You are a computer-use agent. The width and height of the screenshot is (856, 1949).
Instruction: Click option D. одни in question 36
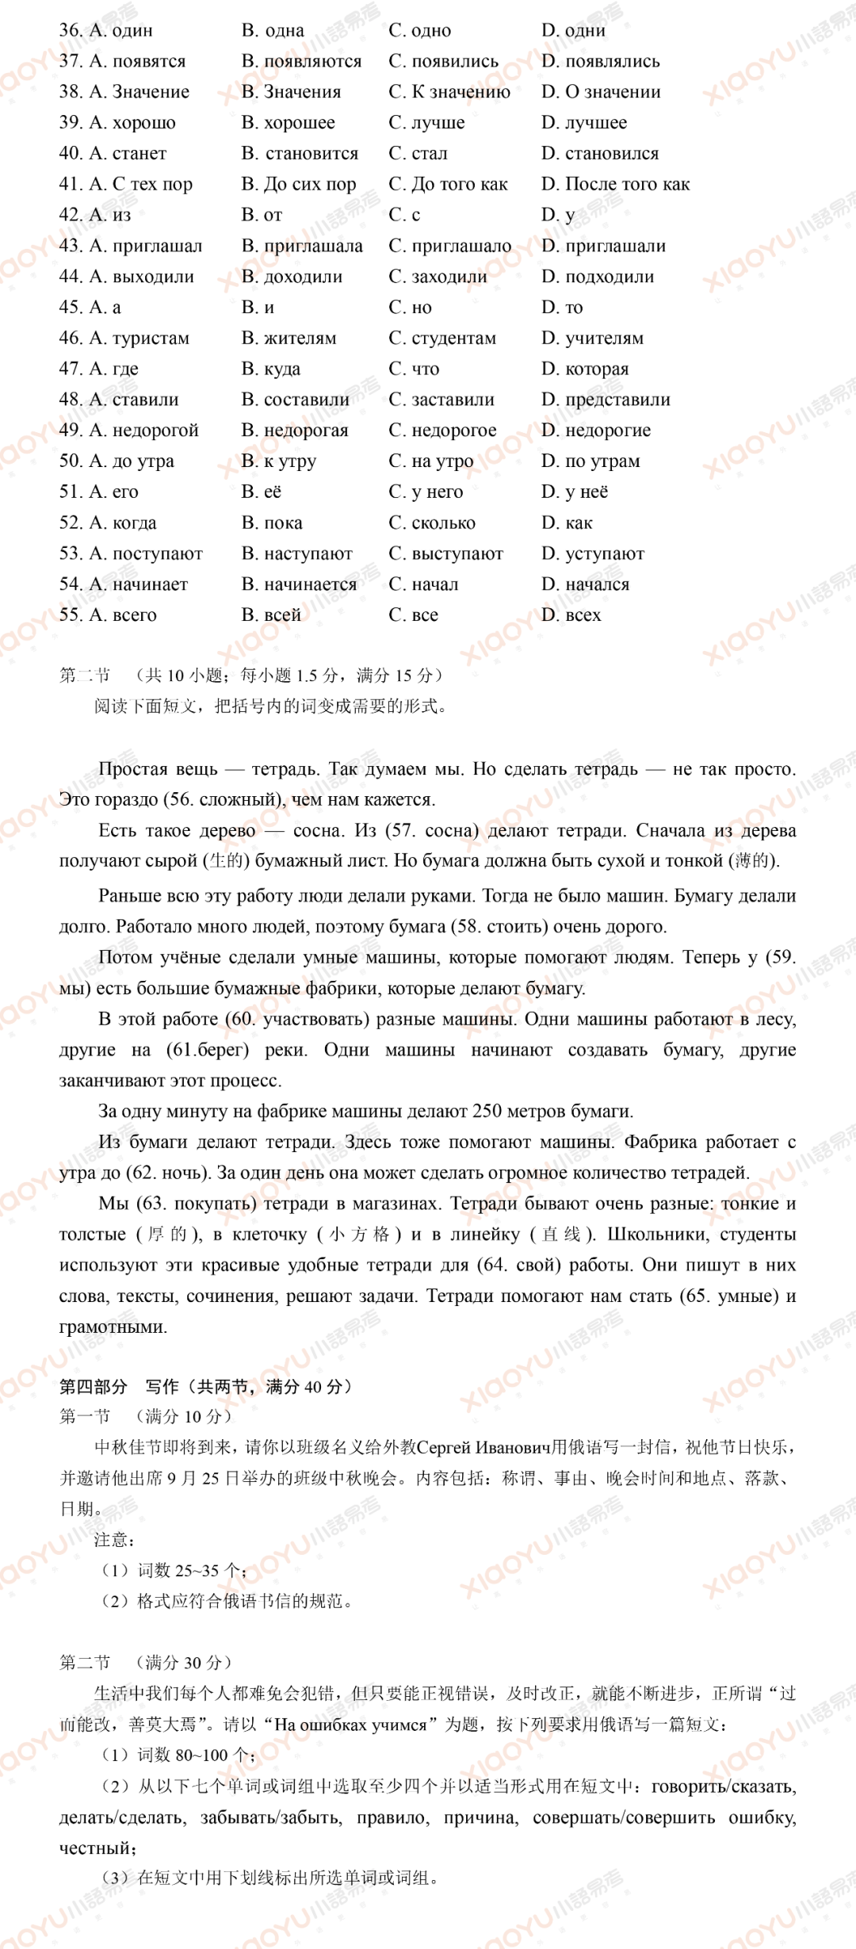(573, 31)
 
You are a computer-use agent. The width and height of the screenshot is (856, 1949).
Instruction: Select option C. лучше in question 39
(426, 123)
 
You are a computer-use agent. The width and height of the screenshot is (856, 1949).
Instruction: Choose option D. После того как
(615, 185)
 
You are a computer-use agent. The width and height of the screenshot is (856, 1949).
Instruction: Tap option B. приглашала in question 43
(302, 247)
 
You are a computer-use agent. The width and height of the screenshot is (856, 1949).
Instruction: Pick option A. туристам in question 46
(124, 339)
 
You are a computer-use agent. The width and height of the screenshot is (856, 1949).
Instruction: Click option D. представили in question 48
(606, 400)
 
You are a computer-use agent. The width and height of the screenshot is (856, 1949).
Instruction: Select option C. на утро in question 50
(430, 461)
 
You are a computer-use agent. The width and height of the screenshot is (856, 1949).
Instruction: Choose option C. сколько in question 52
(432, 523)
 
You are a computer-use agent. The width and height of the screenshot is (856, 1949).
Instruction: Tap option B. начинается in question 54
(299, 584)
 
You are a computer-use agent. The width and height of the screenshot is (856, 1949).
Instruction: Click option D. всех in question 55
(571, 615)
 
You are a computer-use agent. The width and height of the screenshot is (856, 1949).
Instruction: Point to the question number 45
(70, 308)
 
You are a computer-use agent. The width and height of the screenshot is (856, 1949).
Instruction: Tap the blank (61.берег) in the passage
(208, 1050)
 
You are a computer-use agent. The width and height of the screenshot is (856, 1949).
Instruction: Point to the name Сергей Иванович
(483, 1447)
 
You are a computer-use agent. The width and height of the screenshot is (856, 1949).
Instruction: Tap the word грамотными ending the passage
(113, 1327)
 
